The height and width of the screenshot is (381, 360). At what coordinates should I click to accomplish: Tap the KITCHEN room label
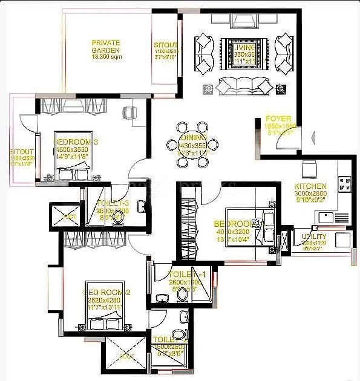(x=310, y=186)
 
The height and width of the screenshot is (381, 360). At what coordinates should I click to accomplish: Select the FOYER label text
(x=278, y=119)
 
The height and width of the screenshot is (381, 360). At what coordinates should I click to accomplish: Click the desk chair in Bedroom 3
(x=128, y=112)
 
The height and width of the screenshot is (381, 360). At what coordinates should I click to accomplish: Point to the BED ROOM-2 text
(x=106, y=291)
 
